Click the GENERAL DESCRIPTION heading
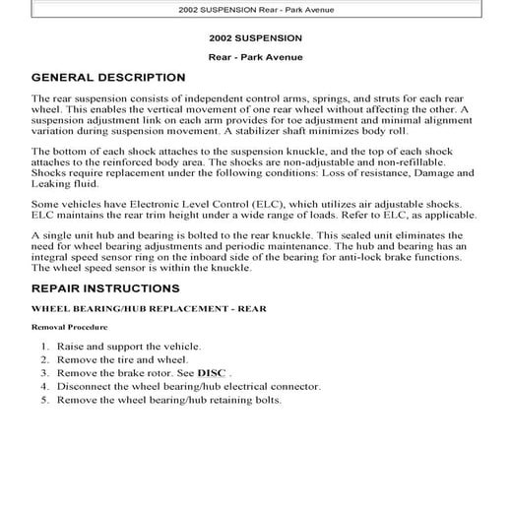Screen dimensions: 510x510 (108, 77)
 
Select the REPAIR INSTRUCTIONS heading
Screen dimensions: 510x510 (104, 288)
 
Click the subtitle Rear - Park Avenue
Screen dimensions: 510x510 (254, 56)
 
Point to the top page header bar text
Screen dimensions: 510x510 (254, 9)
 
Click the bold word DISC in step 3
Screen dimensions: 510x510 (212, 374)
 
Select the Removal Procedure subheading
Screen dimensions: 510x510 (69, 326)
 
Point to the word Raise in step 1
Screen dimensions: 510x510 (72, 348)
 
